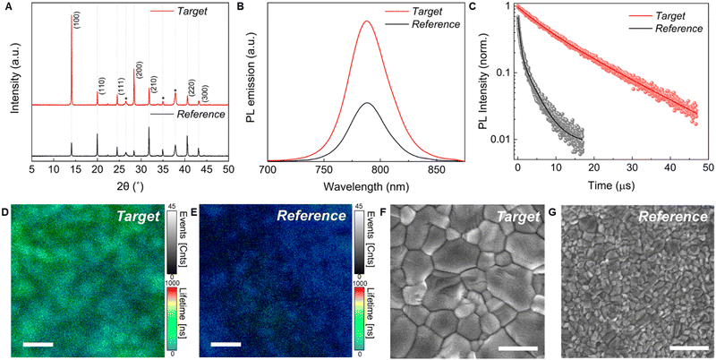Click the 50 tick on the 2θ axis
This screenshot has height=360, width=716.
pos(228,168)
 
